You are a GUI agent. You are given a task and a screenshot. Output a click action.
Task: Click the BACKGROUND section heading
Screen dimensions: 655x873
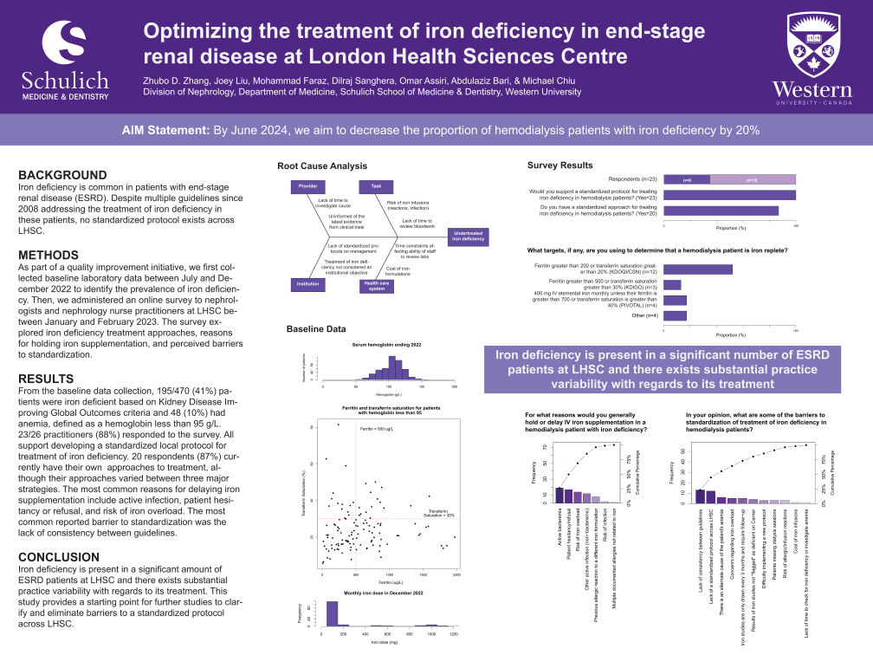62,174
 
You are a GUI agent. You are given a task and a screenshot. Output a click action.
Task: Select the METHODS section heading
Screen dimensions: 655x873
48,255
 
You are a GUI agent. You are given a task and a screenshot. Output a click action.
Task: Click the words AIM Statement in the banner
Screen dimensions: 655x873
166,131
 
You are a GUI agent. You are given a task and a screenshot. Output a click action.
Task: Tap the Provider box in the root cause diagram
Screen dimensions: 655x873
307,186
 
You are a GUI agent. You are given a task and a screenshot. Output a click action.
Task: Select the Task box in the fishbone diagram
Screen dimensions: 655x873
376,186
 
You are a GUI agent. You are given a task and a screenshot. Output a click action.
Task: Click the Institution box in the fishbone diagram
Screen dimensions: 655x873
307,283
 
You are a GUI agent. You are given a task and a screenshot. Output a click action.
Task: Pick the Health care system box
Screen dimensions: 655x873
376,286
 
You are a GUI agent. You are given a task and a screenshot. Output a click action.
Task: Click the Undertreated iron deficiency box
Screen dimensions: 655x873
468,236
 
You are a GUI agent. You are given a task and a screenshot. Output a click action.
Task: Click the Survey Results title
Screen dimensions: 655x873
559,165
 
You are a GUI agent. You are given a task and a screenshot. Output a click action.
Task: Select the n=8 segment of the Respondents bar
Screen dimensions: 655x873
687,179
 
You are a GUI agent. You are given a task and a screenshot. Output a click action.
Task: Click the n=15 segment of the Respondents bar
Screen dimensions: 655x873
753,179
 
